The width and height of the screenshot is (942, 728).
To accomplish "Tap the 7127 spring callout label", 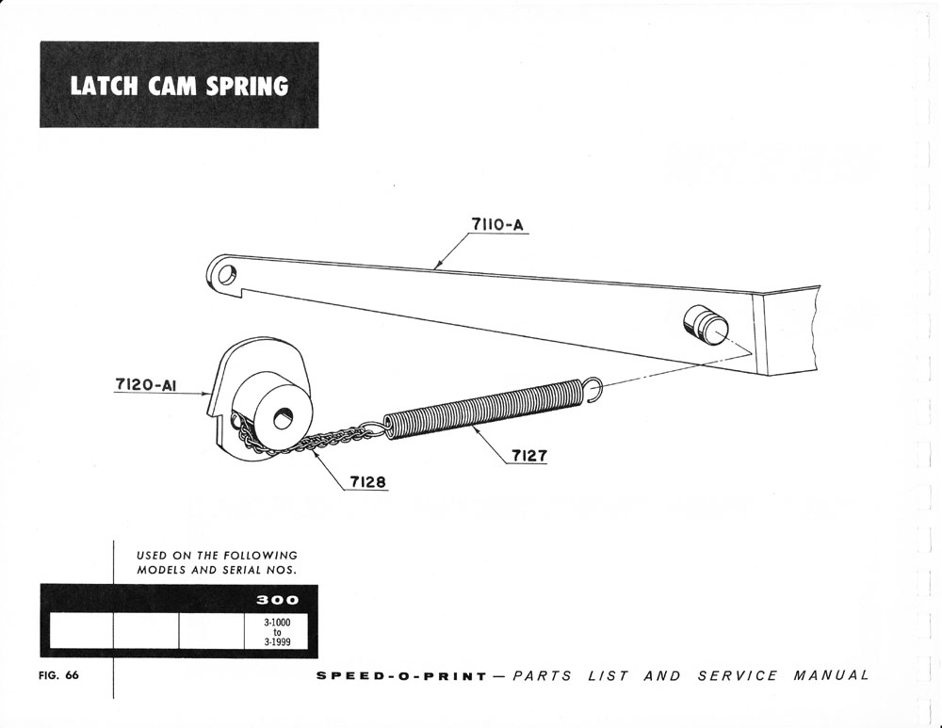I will coord(530,457).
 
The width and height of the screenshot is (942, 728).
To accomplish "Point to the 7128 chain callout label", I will coord(366,483).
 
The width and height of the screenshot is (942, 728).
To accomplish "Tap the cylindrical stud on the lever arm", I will coord(701,327).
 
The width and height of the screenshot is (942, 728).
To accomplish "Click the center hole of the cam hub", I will coord(283,417).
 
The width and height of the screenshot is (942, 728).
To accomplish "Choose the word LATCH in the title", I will coord(103,87).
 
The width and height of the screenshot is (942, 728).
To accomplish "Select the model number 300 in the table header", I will coord(279,599).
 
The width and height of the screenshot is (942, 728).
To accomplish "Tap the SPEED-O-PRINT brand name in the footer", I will coord(401,676).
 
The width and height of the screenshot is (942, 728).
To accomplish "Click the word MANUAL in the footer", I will coord(831,676).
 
